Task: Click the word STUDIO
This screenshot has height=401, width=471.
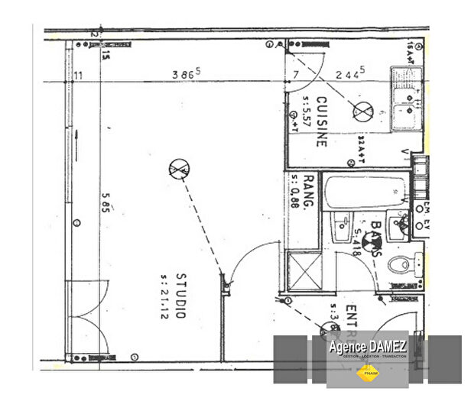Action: [x=181, y=296]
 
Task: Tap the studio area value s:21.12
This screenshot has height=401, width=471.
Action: [x=163, y=296]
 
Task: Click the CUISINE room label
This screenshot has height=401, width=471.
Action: [x=322, y=121]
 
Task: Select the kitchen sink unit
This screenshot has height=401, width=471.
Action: [x=409, y=100]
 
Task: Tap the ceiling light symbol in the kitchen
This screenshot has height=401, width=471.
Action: [x=360, y=112]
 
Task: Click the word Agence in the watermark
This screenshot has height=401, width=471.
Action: [x=346, y=347]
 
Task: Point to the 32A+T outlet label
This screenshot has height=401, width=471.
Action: [x=362, y=149]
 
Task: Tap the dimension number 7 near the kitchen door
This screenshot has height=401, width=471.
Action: [x=294, y=74]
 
